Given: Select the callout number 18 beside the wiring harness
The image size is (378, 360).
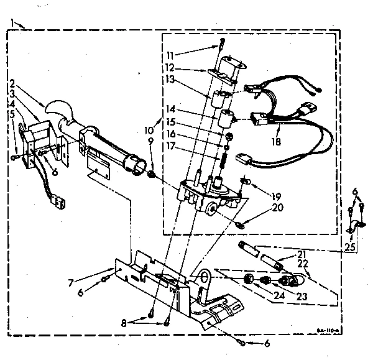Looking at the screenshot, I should (277, 142).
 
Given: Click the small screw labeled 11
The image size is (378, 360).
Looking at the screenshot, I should (221, 44).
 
